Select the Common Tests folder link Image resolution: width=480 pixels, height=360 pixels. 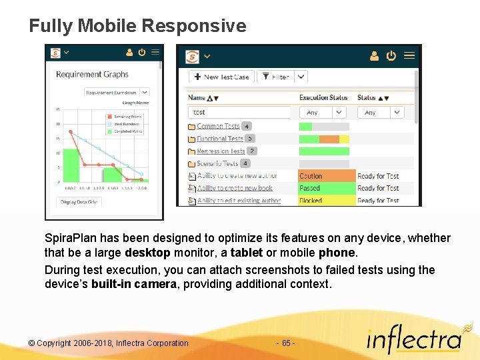click(218, 126)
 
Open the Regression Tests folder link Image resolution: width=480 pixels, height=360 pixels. click(221, 151)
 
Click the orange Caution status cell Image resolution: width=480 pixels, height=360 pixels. click(327, 176)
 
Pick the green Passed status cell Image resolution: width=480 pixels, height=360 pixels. click(327, 189)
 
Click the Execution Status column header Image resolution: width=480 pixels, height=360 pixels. click(323, 97)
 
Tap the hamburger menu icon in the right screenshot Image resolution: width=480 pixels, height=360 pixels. click(409, 55)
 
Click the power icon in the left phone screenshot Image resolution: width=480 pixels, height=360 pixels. click(142, 52)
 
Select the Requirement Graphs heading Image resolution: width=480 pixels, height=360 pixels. click(92, 75)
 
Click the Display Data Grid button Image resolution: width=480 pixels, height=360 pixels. click(79, 202)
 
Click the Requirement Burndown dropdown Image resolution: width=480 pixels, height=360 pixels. click(117, 93)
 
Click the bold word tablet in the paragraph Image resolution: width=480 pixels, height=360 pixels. click(246, 253)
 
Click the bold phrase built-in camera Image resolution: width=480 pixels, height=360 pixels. click(134, 284)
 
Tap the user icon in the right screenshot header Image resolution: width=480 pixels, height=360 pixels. click(374, 55)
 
